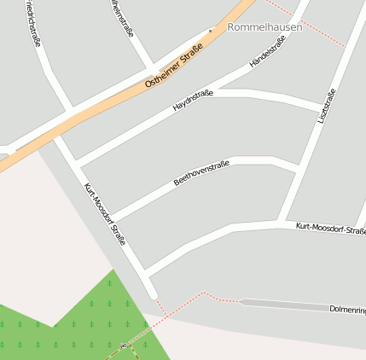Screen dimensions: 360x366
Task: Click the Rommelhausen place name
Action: pyautogui.click(x=264, y=27)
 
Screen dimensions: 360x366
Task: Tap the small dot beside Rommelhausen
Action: pyautogui.click(x=211, y=29)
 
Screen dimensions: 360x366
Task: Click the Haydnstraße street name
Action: pyautogui.click(x=193, y=102)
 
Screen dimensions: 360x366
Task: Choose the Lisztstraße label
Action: pyautogui.click(x=326, y=106)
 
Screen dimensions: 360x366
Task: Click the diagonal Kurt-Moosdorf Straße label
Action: pyautogui.click(x=104, y=214)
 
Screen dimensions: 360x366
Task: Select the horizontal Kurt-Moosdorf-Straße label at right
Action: pyautogui.click(x=330, y=228)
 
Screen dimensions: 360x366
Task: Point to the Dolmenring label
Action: pyautogui.click(x=347, y=308)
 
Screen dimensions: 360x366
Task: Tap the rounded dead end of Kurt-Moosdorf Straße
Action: pyautogui.click(x=154, y=295)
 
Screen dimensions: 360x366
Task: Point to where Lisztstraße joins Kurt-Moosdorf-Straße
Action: pyautogui.click(x=282, y=224)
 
